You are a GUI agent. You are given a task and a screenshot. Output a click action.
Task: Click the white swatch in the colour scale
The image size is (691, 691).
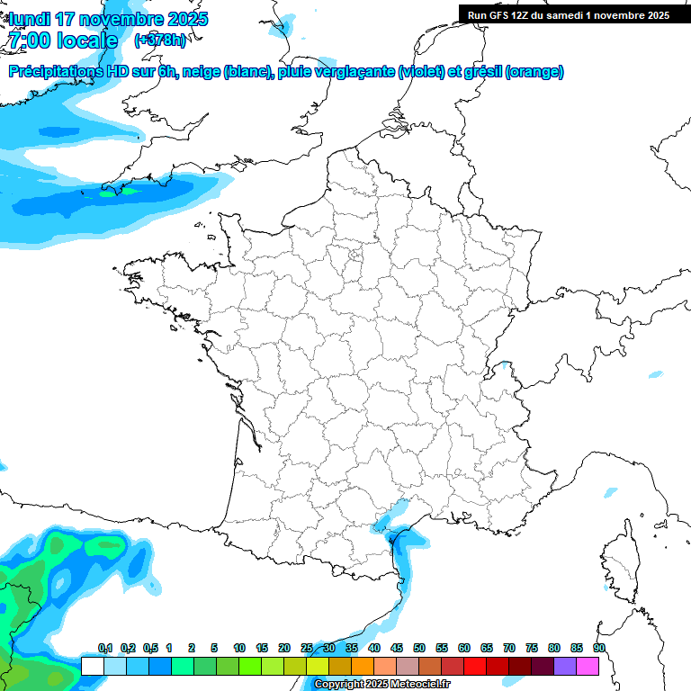(x=92, y=666)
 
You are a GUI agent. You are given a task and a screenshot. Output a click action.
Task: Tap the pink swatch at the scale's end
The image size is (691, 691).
(x=588, y=666)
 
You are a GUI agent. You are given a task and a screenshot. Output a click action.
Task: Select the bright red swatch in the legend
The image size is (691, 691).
(x=475, y=666)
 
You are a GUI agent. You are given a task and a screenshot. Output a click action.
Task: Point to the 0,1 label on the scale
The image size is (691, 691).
(x=105, y=649)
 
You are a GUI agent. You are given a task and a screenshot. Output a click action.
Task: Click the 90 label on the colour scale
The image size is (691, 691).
(x=598, y=649)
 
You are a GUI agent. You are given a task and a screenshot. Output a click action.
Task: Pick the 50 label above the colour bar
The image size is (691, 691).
(x=419, y=649)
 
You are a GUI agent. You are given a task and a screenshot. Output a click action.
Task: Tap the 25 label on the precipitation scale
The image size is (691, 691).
(x=307, y=649)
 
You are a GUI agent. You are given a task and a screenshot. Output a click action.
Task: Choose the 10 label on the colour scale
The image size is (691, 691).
(x=239, y=649)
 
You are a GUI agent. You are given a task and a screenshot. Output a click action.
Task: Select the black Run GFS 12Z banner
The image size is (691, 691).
(x=573, y=14)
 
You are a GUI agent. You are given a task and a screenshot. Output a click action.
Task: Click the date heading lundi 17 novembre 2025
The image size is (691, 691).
(x=108, y=19)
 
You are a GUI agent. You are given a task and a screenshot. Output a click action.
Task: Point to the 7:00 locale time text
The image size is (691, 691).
(x=62, y=40)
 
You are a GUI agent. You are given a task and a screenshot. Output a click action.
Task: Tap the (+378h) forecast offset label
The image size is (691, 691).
(x=160, y=40)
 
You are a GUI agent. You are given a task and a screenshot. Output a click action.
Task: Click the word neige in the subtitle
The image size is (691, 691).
(x=203, y=72)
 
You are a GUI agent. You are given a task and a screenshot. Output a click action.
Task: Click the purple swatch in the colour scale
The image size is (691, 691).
(x=565, y=666)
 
